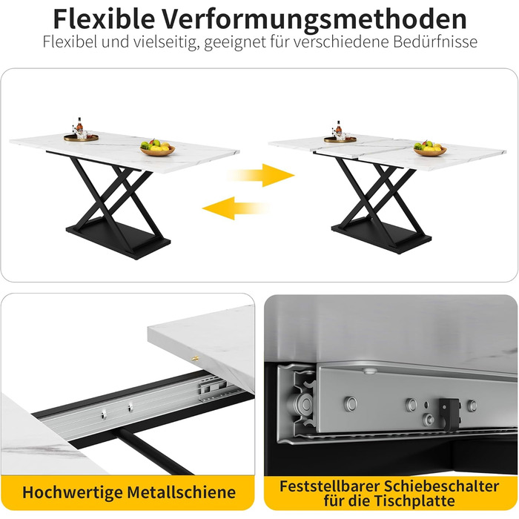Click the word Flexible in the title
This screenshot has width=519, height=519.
[104, 19]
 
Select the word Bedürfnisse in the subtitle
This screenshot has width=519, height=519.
[435, 42]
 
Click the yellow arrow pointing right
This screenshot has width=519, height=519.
[262, 175]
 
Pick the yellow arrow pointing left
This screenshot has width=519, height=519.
[235, 208]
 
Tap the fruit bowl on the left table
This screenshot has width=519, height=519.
[157, 148]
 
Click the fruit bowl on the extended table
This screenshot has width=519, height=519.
[429, 148]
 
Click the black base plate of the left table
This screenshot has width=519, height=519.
[118, 239]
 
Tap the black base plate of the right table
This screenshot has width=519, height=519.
[381, 235]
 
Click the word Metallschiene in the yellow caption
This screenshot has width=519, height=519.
[182, 492]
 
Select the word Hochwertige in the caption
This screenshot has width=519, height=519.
[73, 493]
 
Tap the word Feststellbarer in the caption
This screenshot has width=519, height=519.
[329, 486]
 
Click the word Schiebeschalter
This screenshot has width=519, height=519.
[441, 486]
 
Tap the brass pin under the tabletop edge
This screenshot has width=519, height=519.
[195, 358]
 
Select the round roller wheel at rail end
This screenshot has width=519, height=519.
[303, 405]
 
